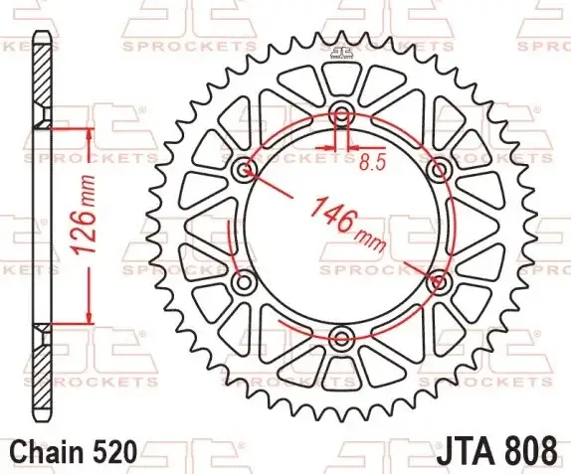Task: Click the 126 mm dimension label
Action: [85, 215]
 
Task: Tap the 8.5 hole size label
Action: [372, 162]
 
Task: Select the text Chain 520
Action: [74, 452]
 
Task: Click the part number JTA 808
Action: [496, 450]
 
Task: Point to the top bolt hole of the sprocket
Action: [341, 114]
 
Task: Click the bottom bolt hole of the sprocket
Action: [341, 337]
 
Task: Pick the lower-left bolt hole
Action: [245, 281]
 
